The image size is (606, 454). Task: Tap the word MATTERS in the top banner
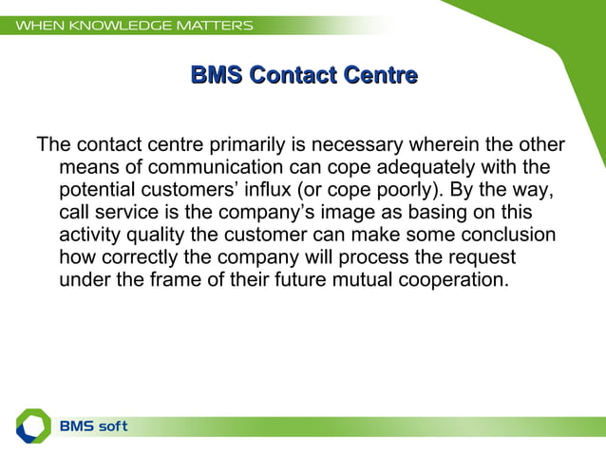pos(218,26)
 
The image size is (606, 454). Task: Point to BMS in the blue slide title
pos(216,74)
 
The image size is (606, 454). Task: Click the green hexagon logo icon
pos(33,426)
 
